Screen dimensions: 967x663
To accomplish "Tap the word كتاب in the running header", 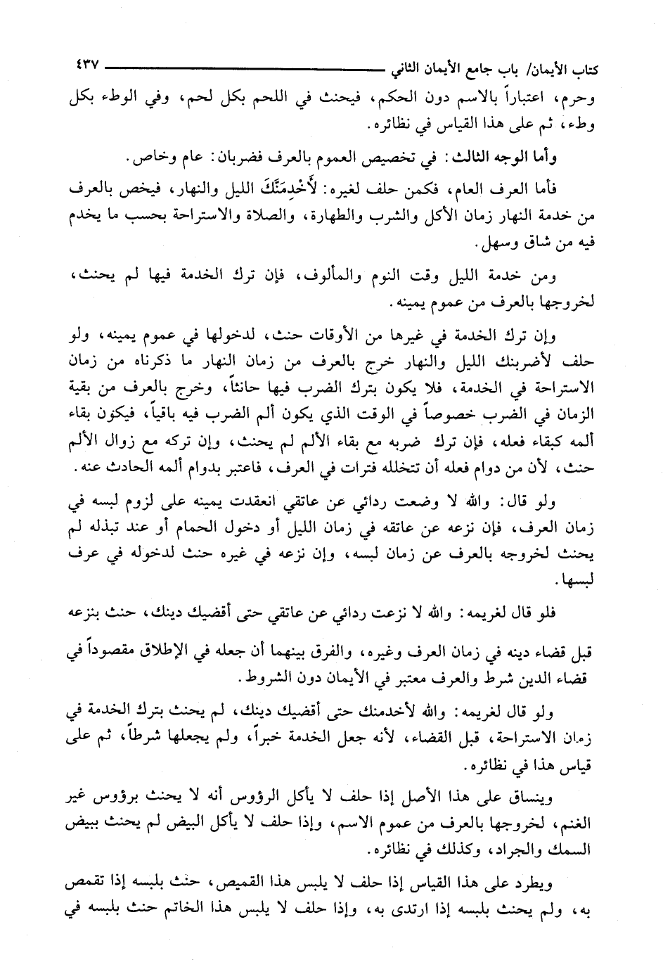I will tap(574, 70).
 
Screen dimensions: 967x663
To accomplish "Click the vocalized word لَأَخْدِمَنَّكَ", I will tap(318, 191).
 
